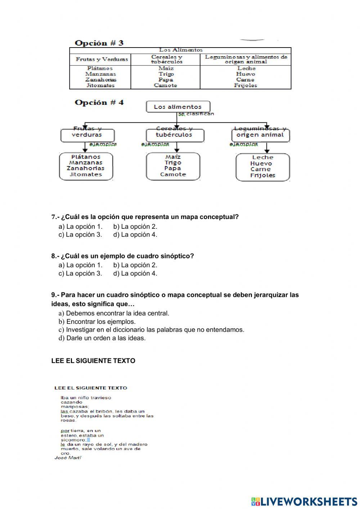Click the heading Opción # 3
(99, 43)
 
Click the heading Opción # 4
(99, 102)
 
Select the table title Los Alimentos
(181, 50)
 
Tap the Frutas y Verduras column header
(102, 59)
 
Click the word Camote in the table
(166, 85)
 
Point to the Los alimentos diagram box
(178, 107)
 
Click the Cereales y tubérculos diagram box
(175, 135)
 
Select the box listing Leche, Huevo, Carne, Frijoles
(263, 167)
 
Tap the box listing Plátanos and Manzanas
(86, 166)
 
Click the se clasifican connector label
(196, 114)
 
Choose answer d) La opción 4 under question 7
(135, 235)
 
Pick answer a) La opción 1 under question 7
(81, 227)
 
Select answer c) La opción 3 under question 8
(81, 273)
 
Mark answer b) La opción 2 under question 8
(135, 265)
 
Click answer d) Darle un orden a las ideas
(102, 338)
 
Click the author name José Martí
(68, 457)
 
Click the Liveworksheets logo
(304, 501)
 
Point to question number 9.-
(55, 295)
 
